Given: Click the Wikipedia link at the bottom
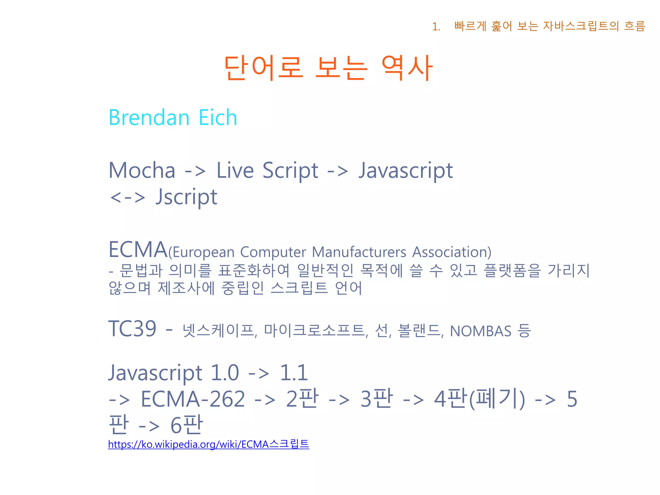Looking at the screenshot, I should click(x=209, y=444).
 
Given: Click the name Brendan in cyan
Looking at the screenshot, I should click(x=149, y=117).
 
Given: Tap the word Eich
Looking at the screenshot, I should click(x=218, y=117).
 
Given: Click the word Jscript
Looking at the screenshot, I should click(x=186, y=197).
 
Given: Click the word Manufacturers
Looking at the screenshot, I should click(x=359, y=252).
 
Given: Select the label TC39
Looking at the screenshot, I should click(x=132, y=329).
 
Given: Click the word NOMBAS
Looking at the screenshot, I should click(x=480, y=331).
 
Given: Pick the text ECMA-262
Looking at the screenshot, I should click(x=193, y=399).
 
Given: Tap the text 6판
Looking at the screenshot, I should click(x=187, y=425).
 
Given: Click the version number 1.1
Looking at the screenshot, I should click(x=294, y=373).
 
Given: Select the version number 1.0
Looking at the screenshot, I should click(x=225, y=373).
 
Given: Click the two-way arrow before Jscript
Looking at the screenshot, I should click(x=128, y=197).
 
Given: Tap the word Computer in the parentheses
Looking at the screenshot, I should click(x=273, y=252).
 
